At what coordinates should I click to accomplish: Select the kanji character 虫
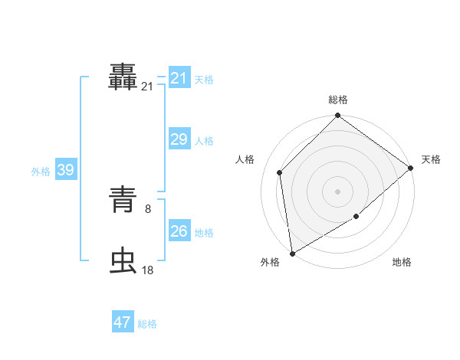click(x=124, y=260)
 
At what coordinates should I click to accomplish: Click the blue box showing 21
click(x=179, y=78)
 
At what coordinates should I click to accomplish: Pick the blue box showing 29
click(x=179, y=139)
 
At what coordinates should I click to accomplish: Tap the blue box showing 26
click(x=179, y=231)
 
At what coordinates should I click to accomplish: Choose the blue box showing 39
click(x=65, y=170)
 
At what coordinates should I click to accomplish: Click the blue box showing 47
click(x=123, y=322)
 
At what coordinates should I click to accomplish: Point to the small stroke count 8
click(x=148, y=208)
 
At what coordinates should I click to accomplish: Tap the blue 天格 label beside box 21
click(x=204, y=80)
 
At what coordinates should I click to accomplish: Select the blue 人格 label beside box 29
click(x=204, y=141)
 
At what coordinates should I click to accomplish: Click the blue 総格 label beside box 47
click(x=147, y=324)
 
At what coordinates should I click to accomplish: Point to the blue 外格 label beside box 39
click(x=41, y=172)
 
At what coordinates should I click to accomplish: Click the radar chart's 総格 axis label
click(x=337, y=100)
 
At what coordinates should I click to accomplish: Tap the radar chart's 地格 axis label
click(x=402, y=263)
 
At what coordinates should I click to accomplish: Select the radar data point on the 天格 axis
click(x=410, y=168)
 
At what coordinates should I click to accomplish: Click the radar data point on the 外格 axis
click(x=292, y=253)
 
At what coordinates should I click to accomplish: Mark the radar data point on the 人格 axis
click(x=280, y=172)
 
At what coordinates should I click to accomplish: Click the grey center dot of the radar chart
click(x=337, y=191)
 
